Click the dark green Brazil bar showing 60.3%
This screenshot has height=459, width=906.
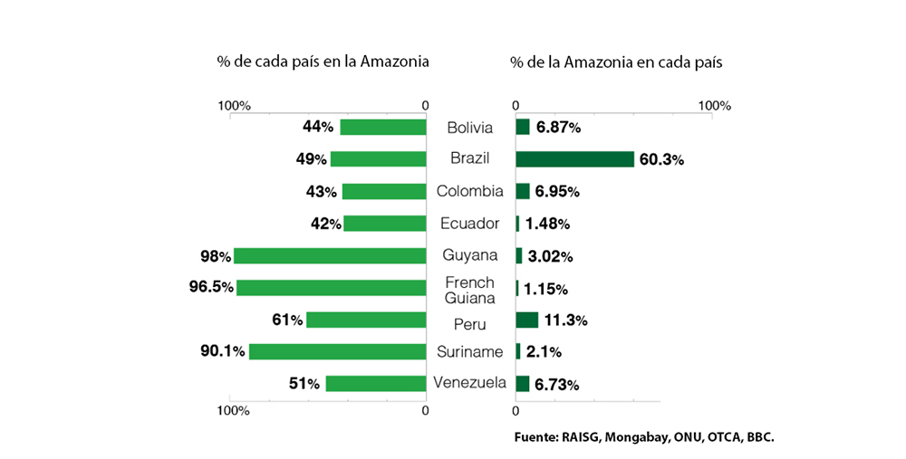[574, 159]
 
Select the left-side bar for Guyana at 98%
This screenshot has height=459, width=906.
[330, 255]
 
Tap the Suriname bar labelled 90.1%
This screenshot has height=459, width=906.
[337, 351]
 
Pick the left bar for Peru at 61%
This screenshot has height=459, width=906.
[366, 320]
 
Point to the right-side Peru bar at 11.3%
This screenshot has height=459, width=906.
[526, 320]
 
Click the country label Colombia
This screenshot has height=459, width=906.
[469, 191]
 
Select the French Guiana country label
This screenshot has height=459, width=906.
[469, 290]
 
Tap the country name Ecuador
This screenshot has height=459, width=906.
[469, 224]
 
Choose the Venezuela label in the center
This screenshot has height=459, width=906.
[469, 382]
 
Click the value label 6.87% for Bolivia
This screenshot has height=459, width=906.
[558, 128]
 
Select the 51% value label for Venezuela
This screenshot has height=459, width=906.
[304, 384]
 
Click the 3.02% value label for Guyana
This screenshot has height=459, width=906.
[550, 256]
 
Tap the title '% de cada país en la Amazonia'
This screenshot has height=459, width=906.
[323, 62]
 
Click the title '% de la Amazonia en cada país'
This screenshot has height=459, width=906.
[616, 62]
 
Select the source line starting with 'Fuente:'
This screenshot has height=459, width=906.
[644, 436]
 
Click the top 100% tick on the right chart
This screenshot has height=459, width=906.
[714, 106]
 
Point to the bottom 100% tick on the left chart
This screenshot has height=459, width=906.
[234, 410]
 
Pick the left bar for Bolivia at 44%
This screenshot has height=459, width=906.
[382, 128]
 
